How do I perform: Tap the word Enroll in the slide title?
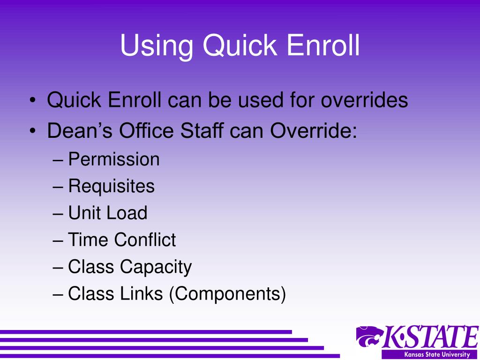point(323,46)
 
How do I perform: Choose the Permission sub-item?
point(114,160)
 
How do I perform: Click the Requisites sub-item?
point(111,187)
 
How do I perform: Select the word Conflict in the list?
point(145,240)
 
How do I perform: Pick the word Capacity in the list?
point(156,267)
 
